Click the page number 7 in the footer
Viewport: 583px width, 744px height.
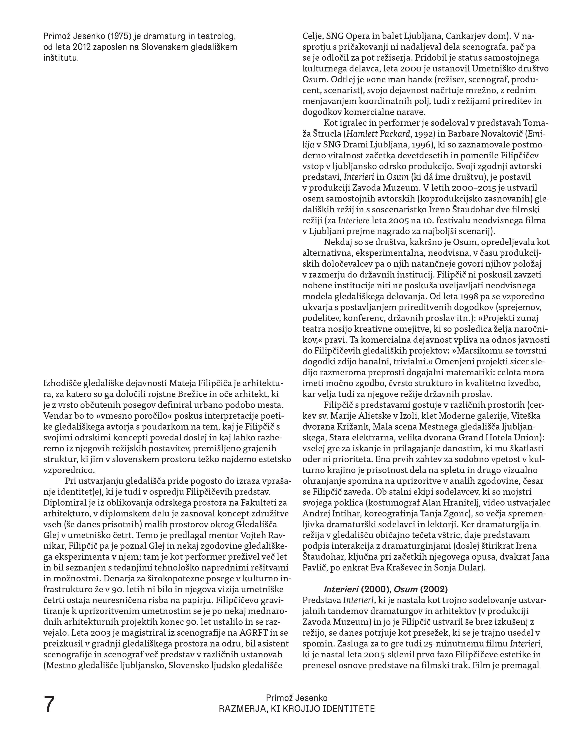tap(49, 704)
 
